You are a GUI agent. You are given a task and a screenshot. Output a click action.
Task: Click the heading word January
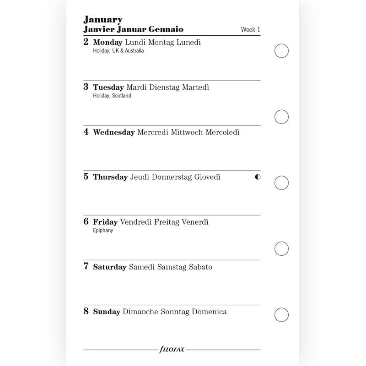(102, 20)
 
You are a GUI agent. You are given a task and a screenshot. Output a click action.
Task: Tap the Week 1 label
(250, 30)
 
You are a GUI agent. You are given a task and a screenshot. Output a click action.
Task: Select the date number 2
(86, 42)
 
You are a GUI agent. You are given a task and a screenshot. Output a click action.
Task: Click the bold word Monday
(108, 43)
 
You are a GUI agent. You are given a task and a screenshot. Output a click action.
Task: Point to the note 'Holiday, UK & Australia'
(118, 51)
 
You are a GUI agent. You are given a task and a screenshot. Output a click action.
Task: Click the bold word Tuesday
(108, 87)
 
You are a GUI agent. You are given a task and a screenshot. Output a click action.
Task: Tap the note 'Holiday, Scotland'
(112, 96)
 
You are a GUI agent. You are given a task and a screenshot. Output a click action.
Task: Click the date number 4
(86, 132)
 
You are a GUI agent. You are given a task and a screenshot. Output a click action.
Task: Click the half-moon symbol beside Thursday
(258, 177)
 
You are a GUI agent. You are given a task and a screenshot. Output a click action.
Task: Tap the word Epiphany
(103, 230)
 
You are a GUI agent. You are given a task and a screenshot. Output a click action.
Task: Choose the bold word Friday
(105, 222)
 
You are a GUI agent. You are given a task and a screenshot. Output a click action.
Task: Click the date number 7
(86, 266)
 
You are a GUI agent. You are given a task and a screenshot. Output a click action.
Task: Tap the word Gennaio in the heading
(166, 29)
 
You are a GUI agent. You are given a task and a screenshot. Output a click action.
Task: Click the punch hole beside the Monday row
(281, 51)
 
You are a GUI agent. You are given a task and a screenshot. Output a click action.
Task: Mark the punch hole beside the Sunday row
(281, 315)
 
